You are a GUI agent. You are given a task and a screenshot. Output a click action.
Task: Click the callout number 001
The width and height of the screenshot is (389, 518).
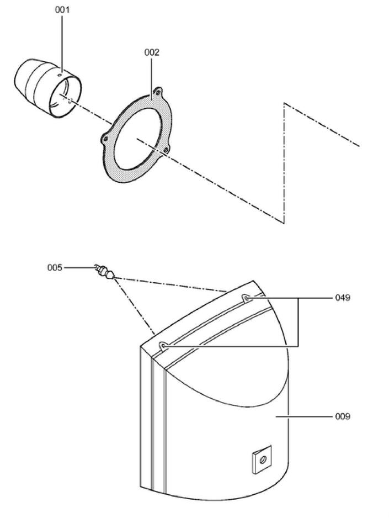(x=62, y=10)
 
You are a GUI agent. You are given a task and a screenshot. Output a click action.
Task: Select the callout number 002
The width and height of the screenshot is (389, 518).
(x=152, y=52)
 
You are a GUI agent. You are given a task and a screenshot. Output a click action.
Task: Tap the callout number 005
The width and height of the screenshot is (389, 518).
(x=55, y=268)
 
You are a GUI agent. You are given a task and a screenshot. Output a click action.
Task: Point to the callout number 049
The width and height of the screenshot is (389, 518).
(x=343, y=298)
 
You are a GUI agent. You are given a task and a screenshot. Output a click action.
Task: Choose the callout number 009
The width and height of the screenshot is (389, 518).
(x=343, y=416)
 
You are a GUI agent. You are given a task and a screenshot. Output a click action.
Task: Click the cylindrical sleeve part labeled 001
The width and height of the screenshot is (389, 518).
(x=48, y=88)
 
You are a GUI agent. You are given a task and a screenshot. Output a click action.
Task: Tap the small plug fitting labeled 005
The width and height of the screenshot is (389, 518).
(x=105, y=272)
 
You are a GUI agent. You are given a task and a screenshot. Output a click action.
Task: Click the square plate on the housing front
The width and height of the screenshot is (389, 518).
(x=263, y=458)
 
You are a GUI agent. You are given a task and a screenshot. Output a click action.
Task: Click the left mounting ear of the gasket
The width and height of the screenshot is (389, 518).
(x=105, y=139)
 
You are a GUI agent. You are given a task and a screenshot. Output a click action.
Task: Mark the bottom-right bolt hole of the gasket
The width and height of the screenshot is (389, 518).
(x=166, y=151)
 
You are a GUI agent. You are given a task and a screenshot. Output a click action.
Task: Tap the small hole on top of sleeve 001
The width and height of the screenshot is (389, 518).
(x=60, y=75)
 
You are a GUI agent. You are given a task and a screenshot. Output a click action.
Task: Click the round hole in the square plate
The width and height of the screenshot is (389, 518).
(x=263, y=459)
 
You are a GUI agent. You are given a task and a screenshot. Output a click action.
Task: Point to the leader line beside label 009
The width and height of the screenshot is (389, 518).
(x=304, y=416)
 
